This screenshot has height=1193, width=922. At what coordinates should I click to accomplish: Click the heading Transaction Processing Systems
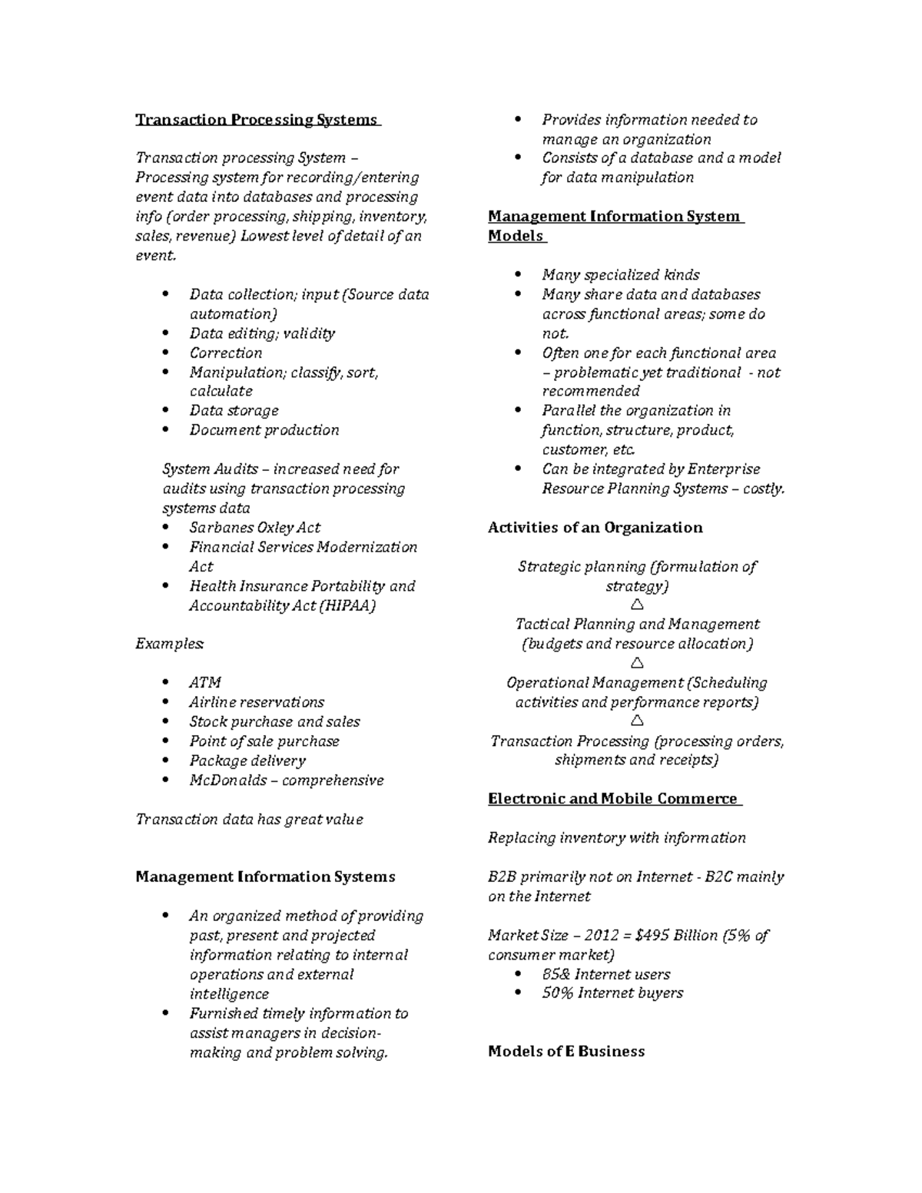257,120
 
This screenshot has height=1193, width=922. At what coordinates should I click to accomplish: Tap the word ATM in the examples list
205,682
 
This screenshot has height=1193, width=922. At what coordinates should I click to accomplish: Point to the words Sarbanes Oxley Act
254,528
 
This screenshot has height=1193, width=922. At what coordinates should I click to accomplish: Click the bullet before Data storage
166,411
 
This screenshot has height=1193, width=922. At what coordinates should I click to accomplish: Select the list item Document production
264,430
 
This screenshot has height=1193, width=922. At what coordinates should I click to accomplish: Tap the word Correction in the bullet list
226,353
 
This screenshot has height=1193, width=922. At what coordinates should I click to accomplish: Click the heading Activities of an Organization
595,528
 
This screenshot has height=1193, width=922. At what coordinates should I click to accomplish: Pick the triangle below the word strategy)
636,605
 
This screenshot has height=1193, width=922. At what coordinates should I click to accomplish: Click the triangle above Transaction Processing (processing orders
636,721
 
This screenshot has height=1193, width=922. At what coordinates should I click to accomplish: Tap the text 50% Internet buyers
612,993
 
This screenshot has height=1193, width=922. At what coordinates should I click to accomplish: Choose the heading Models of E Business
566,1052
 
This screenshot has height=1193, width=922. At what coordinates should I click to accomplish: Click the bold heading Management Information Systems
265,877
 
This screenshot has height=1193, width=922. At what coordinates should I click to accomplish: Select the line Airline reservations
257,702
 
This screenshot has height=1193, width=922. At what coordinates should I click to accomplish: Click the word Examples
170,644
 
